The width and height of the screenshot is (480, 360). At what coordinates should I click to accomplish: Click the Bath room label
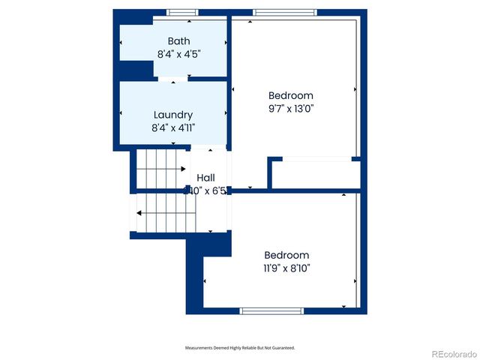(178, 41)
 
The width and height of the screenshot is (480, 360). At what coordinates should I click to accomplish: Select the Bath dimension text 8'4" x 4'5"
(178, 54)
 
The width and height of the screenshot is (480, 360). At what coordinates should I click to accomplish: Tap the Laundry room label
(173, 115)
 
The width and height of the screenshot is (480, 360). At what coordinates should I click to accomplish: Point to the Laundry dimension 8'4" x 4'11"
(173, 127)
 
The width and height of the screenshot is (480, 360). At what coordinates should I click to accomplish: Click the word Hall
(205, 178)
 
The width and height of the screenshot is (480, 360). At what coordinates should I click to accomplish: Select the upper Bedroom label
(291, 96)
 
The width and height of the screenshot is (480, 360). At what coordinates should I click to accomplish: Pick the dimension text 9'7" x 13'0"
(291, 109)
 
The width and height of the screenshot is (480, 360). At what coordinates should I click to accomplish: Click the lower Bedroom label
(286, 255)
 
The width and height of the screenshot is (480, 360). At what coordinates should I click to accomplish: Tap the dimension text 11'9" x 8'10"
(286, 268)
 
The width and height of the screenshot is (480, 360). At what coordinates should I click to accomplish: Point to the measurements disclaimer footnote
(240, 348)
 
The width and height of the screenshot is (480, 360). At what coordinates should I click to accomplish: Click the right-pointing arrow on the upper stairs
(182, 169)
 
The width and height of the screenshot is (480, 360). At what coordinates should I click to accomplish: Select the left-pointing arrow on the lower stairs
(139, 213)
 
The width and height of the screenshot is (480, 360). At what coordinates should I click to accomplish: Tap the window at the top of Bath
(182, 12)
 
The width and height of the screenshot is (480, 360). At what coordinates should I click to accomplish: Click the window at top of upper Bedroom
(280, 12)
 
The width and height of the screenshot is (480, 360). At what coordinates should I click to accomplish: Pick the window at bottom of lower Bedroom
(271, 310)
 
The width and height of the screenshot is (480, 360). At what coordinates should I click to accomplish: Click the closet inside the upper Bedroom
(315, 174)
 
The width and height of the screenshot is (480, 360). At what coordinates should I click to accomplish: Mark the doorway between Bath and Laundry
(173, 78)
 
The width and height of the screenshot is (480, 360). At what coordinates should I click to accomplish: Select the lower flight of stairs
(165, 213)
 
